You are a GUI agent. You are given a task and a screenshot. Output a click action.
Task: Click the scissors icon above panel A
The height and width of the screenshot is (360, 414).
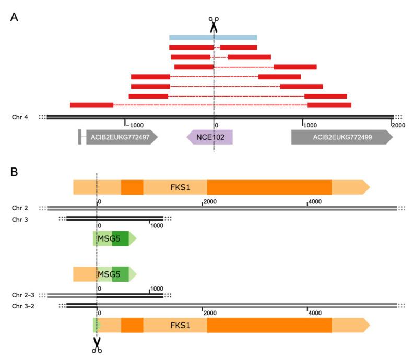click(x=214, y=25)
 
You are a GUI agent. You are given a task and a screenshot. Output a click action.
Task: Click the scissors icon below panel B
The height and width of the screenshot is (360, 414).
click(x=97, y=344)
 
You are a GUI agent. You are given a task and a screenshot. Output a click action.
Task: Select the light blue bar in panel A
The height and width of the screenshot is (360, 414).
click(x=213, y=38)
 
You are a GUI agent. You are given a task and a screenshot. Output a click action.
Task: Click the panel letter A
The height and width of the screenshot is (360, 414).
click(x=15, y=17)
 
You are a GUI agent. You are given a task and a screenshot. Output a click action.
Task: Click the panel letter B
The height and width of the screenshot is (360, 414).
click(x=15, y=170)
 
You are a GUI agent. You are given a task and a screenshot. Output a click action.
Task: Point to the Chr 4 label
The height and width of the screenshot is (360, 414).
click(x=20, y=117)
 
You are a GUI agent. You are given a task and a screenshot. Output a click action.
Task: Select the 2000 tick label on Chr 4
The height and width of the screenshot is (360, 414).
click(x=398, y=125)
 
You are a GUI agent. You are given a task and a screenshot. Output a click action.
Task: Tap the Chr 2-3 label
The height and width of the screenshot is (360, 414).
click(x=23, y=295)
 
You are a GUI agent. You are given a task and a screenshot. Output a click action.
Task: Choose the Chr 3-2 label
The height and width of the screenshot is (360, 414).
click(x=23, y=305)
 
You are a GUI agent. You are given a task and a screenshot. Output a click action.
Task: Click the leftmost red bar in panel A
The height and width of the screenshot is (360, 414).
click(x=91, y=105)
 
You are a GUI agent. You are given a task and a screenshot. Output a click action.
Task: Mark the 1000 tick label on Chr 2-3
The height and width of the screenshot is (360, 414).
click(x=157, y=289)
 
